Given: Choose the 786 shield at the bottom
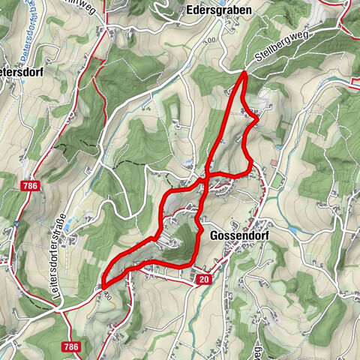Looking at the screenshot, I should coord(70,325).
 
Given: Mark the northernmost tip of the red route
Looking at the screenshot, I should coord(244,72).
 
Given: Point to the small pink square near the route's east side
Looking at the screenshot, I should coord(275,162).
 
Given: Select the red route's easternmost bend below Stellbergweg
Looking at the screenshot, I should coord(257,118).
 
